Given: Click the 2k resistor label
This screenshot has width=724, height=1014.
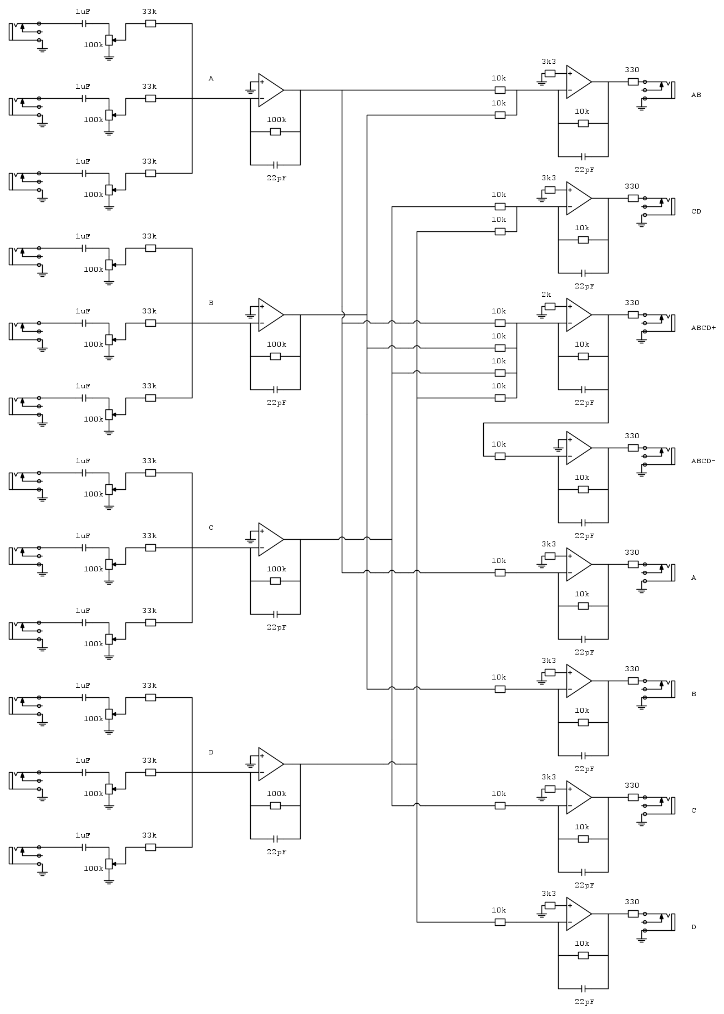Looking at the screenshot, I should (546, 294).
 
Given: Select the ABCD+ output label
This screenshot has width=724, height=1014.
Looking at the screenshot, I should (703, 328).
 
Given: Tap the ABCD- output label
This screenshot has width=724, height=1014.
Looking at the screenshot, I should (703, 461).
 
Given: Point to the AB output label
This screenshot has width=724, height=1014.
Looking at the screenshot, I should (696, 95).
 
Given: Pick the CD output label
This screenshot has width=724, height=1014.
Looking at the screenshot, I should (696, 211).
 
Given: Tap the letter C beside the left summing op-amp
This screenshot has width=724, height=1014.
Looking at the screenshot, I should (211, 528).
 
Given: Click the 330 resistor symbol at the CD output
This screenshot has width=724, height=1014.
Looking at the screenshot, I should (633, 198).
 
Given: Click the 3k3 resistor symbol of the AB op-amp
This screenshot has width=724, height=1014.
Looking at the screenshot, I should (550, 73).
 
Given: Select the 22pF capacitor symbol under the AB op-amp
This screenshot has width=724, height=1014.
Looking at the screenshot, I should (583, 156).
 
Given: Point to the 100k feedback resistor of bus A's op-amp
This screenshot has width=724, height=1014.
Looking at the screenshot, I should (275, 131).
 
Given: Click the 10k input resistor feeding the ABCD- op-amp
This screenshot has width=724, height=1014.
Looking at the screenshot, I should (500, 456).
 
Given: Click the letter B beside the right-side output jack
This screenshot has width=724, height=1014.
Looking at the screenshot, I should (693, 694).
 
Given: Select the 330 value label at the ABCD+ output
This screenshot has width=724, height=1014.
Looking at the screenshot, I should (632, 303).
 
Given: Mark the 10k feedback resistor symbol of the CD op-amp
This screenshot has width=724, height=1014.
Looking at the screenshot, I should (583, 240).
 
